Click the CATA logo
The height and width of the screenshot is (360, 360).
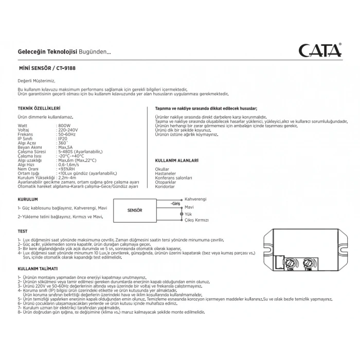319,51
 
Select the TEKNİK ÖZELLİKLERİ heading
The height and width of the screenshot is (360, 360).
39,109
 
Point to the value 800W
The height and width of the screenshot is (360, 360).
65,125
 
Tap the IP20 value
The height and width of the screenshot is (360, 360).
63,138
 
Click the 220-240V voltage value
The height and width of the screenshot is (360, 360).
68,130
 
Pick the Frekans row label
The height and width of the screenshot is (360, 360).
26,134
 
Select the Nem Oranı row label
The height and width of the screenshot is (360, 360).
28,168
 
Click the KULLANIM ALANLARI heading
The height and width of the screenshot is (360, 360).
177,160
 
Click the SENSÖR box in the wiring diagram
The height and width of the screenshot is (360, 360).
135,210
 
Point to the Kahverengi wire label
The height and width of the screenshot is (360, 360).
195,199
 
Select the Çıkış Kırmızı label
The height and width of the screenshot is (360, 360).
196,220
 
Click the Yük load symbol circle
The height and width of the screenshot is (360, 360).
181,213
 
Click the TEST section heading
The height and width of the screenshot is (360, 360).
22,231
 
